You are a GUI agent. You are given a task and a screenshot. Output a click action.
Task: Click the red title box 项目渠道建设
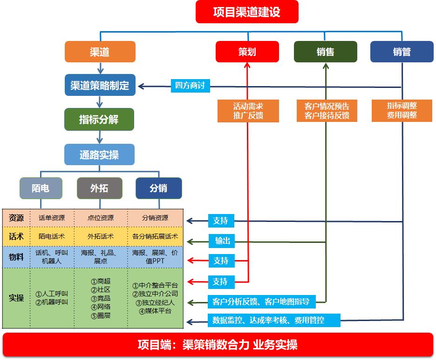(x=246, y=12)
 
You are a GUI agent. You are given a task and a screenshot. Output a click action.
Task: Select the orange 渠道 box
(x=100, y=52)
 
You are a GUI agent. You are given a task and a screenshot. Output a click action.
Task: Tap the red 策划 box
(x=247, y=52)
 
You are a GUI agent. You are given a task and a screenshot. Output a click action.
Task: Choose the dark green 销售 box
(x=325, y=52)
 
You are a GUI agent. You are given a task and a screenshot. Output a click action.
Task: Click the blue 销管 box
(x=402, y=52)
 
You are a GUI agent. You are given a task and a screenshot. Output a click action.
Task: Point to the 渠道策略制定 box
(x=100, y=85)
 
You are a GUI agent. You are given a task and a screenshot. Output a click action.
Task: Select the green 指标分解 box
(x=99, y=120)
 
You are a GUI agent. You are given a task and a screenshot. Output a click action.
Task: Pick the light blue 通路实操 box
(x=99, y=154)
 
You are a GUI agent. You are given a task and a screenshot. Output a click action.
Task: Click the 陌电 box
(x=41, y=188)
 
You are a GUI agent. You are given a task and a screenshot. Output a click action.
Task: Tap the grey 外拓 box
(x=99, y=188)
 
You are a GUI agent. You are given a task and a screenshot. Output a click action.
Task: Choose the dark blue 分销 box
(x=158, y=188)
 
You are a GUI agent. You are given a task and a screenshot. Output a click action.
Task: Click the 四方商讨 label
(x=190, y=85)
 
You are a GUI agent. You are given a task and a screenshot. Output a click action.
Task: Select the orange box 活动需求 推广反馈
(x=248, y=111)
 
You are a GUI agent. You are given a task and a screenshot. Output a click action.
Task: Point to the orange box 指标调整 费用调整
(x=402, y=111)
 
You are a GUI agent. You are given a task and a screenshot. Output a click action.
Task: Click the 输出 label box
(x=222, y=241)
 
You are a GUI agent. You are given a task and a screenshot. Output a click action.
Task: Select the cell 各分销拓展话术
(x=155, y=236)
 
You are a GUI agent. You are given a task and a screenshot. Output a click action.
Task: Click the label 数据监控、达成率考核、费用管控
(x=274, y=320)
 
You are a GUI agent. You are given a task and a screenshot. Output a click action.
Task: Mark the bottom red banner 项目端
(x=218, y=345)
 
